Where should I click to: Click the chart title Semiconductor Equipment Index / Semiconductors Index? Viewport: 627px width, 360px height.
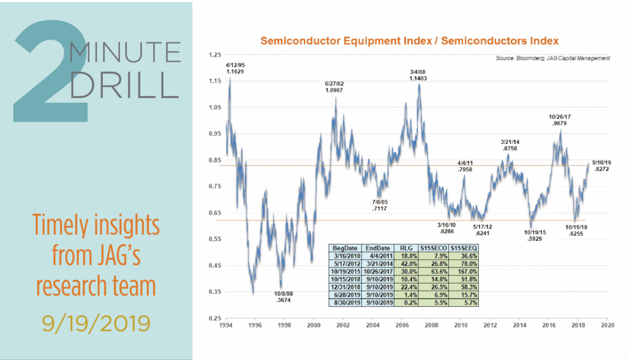pos(409,42)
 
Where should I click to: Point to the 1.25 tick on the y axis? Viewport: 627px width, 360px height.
pos(214,55)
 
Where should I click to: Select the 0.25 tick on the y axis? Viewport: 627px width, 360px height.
pos(214,319)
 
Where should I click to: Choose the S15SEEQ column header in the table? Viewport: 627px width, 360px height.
pos(464,247)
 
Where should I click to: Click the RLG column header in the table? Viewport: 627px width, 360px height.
pos(408,247)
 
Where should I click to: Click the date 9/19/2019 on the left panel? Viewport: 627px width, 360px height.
pos(96,320)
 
